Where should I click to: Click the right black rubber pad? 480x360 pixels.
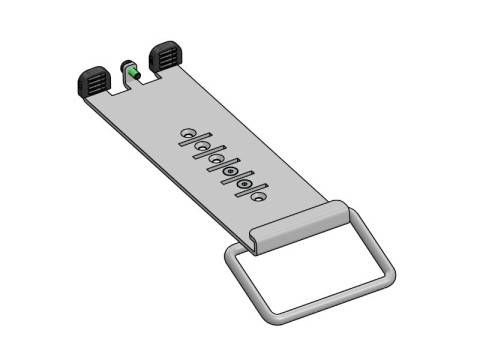click(164, 56)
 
